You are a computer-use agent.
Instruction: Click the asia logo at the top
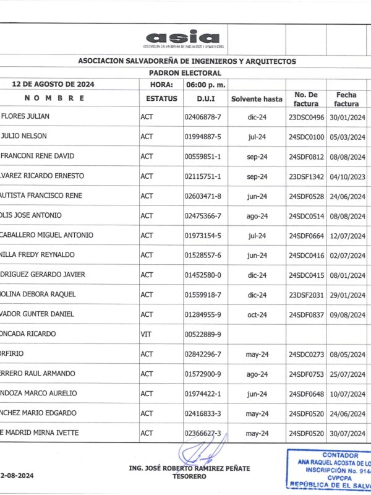pos(183,38)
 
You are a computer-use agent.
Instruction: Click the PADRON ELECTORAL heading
pos(187,72)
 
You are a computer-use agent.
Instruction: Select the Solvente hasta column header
pos(257,99)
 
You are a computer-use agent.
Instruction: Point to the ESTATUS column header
pos(161,98)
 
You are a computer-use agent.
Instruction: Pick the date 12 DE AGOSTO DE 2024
pos(53,84)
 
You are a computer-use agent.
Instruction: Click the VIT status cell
pos(146,334)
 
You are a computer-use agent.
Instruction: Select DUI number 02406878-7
pos(203,116)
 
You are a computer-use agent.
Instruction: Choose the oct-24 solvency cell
pos(257,314)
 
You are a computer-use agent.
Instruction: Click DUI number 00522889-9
pos(203,334)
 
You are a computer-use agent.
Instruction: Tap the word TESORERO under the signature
pos(189,476)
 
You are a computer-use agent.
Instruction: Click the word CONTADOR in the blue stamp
pos(339,455)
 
